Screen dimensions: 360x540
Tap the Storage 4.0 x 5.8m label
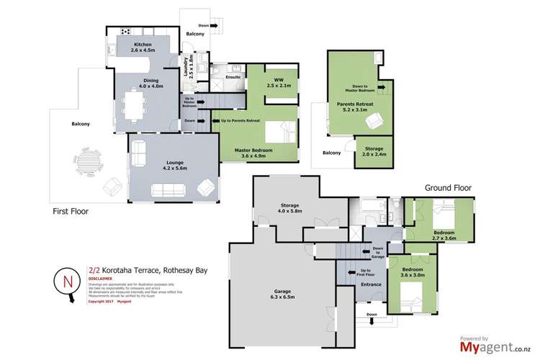pyautogui.click(x=294, y=208)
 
